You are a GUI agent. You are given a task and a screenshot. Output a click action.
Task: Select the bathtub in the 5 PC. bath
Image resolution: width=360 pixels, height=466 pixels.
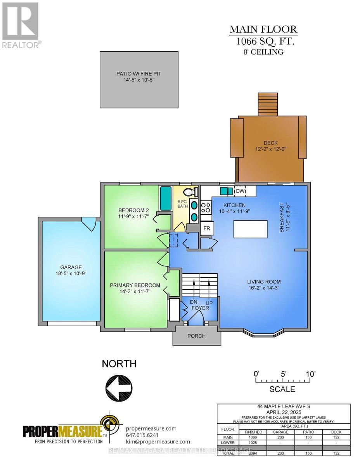166,198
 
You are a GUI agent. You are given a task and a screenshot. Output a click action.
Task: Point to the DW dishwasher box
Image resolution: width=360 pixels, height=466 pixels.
240,191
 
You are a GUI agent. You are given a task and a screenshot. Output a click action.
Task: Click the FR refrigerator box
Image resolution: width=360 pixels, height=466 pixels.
207,229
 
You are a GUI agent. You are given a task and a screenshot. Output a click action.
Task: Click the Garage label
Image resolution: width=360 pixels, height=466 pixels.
71,267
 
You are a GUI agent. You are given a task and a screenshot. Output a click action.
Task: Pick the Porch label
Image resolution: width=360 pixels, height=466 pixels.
196,336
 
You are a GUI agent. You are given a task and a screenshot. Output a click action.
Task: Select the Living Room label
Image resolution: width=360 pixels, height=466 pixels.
264,282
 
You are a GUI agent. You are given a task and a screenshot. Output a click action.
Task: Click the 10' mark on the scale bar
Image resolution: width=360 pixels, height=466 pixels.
310,374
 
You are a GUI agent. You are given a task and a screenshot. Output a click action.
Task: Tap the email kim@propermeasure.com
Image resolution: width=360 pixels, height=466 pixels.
158,442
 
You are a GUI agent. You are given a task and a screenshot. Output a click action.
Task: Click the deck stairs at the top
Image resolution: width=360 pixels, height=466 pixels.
268,104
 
